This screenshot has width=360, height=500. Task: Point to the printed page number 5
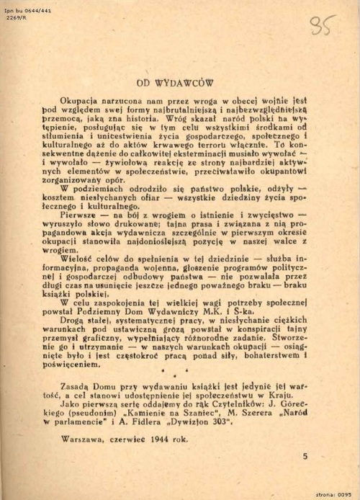[305, 456]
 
